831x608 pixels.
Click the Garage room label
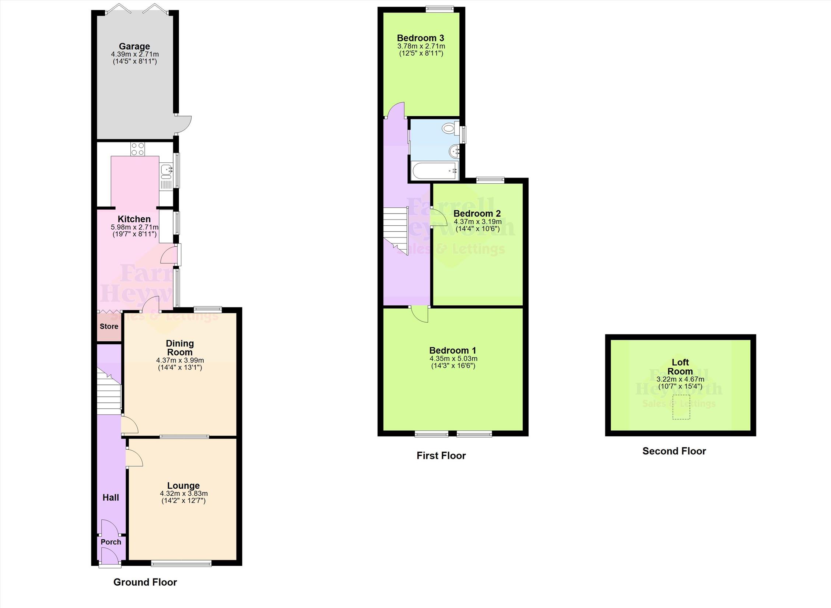click(134, 46)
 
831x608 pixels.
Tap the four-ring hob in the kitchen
click(138, 149)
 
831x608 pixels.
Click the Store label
click(109, 326)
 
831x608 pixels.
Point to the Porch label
click(111, 542)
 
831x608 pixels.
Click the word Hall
click(111, 498)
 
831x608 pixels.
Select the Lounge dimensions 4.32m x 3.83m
click(183, 493)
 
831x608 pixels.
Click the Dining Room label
click(180, 348)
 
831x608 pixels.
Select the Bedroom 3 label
click(421, 38)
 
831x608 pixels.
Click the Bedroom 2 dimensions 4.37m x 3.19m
click(477, 222)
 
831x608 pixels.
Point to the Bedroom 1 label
click(453, 350)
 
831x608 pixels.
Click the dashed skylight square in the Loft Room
click(681, 407)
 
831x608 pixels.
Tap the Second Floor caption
click(674, 451)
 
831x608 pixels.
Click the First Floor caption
click(441, 456)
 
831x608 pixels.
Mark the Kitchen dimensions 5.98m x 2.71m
click(134, 227)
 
